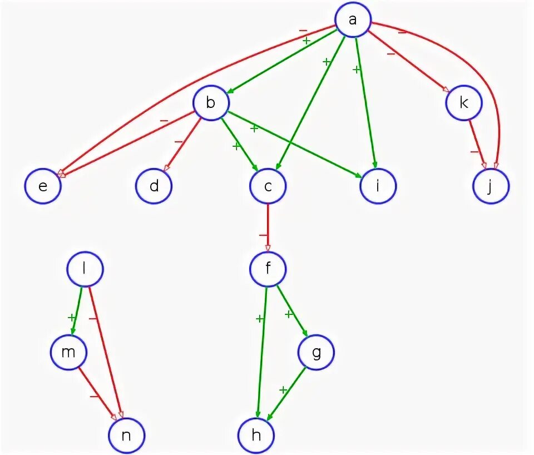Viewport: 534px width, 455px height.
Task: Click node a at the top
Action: [353, 20]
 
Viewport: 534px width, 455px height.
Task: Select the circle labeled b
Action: [211, 102]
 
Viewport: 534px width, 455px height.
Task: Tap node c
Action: [268, 186]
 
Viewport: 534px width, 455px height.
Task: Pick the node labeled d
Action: [154, 186]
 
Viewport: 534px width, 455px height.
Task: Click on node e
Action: [42, 186]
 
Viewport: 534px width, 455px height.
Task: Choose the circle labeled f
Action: [268, 269]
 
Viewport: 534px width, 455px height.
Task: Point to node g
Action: [316, 353]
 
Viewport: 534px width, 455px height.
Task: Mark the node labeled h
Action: [256, 435]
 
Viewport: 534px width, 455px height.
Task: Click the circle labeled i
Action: [378, 186]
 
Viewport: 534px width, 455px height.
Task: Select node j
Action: [491, 186]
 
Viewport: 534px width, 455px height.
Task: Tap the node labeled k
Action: [464, 102]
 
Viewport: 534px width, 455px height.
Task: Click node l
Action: [85, 269]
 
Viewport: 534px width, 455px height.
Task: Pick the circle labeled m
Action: [68, 353]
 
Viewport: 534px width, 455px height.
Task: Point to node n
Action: [126, 435]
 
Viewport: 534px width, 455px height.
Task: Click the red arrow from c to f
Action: [268, 227]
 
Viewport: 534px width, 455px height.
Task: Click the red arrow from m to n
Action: [97, 393]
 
